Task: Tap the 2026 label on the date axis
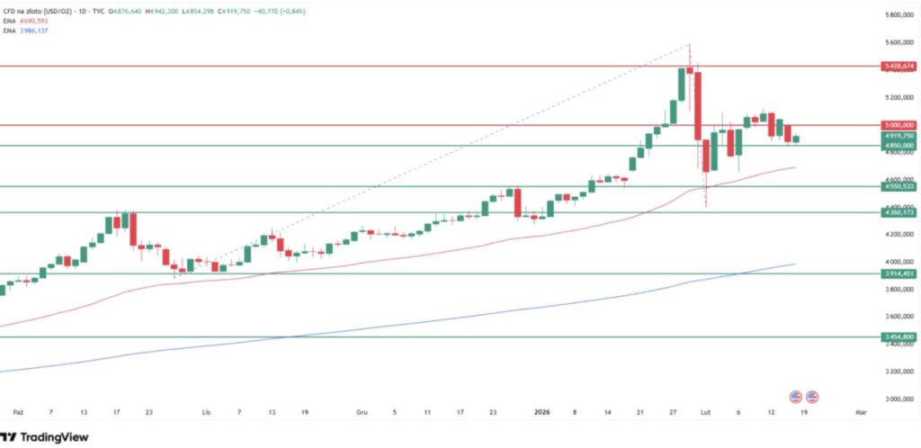[x=543, y=411]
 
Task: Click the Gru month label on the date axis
[x=362, y=411]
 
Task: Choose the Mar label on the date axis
[x=861, y=411]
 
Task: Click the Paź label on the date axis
[x=18, y=411]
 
